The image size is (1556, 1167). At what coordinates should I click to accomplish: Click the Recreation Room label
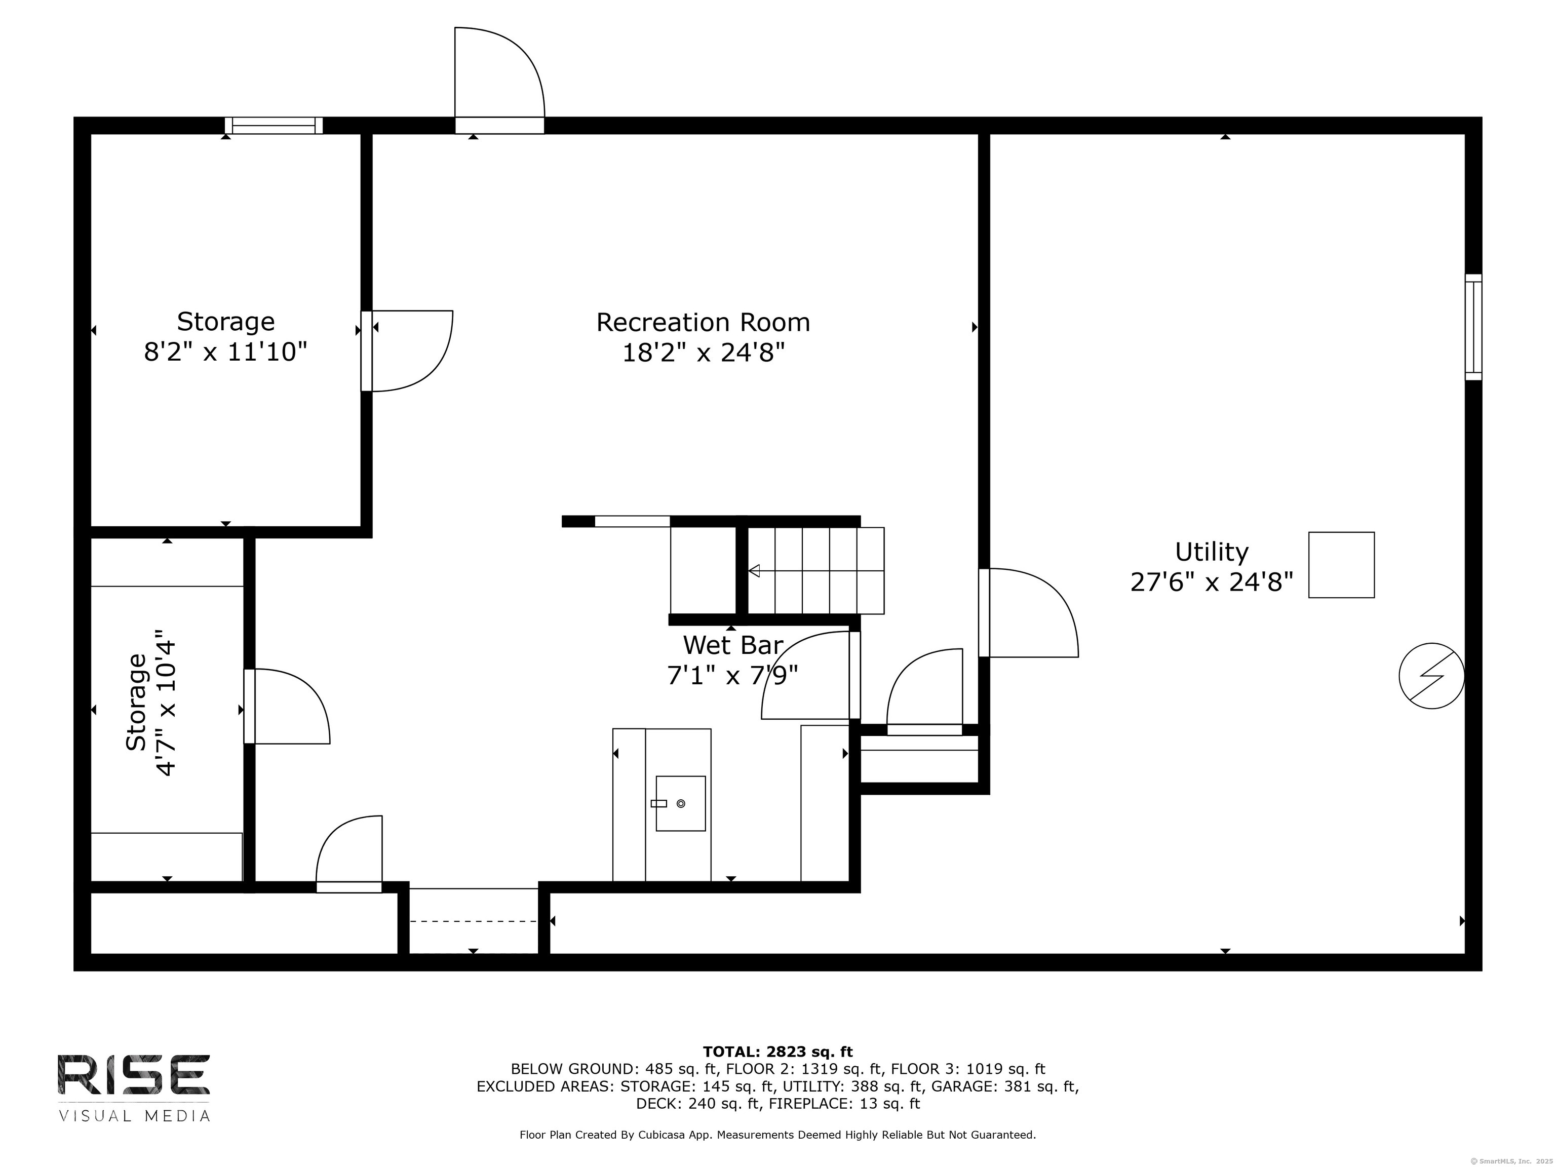[x=703, y=322]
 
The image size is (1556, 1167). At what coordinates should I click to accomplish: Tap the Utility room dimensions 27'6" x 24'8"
[x=1211, y=582]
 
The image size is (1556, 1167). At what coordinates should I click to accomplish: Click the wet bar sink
[x=680, y=803]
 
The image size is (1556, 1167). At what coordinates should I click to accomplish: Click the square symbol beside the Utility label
[x=1341, y=565]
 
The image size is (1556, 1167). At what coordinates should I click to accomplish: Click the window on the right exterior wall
[x=1473, y=327]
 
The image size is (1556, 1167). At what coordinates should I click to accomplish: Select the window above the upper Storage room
[x=274, y=125]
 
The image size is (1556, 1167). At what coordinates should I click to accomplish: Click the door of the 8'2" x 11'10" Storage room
[x=407, y=351]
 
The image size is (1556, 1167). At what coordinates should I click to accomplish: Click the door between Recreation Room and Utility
[x=1028, y=613]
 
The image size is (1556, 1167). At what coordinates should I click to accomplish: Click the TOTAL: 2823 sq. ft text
[x=777, y=1052]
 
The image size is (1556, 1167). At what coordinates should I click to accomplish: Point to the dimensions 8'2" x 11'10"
[x=226, y=351]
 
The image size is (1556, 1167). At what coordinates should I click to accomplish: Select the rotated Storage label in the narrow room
[x=136, y=702]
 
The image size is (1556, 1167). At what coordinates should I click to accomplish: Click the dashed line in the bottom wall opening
[x=474, y=921]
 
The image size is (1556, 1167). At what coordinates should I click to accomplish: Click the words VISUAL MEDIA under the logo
[x=134, y=1116]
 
